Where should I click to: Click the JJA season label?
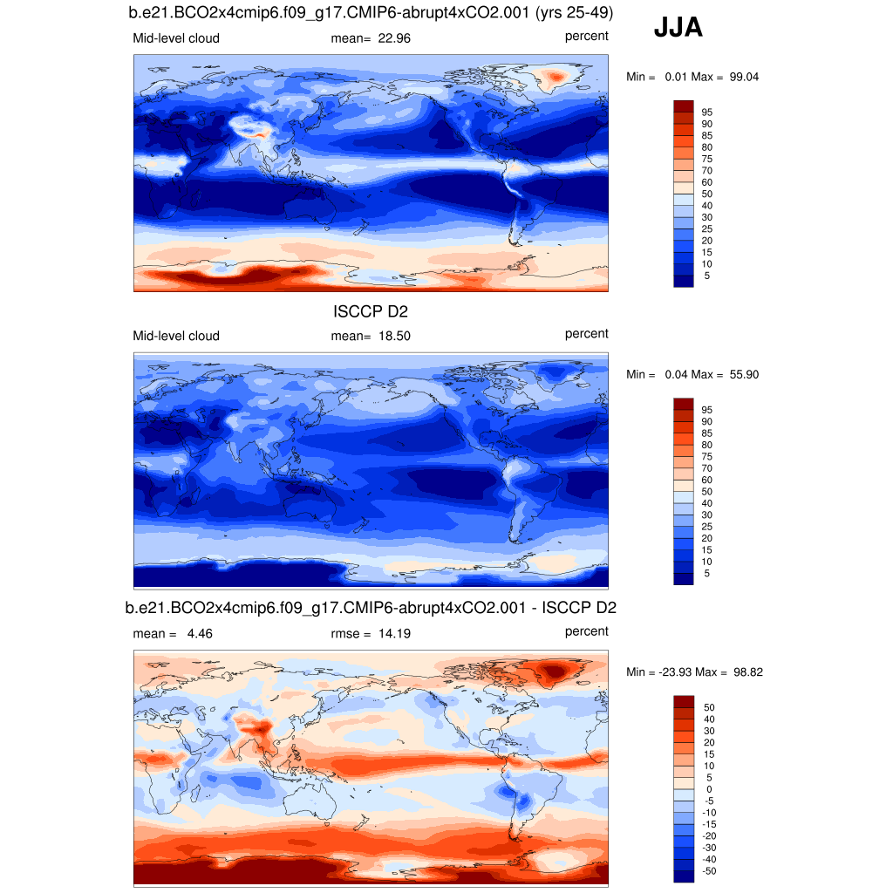tap(678, 29)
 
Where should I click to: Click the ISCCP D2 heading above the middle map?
tap(371, 311)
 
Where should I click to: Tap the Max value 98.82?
tap(745, 672)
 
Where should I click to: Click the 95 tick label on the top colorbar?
tap(707, 112)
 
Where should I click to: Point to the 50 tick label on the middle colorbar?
tap(707, 492)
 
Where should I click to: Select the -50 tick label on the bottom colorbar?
tap(709, 870)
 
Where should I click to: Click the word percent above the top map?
tap(586, 36)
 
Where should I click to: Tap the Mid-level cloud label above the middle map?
tap(176, 336)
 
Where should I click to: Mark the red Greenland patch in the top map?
tap(555, 78)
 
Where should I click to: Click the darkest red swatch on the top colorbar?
tap(683, 106)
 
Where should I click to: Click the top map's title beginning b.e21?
tap(371, 14)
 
